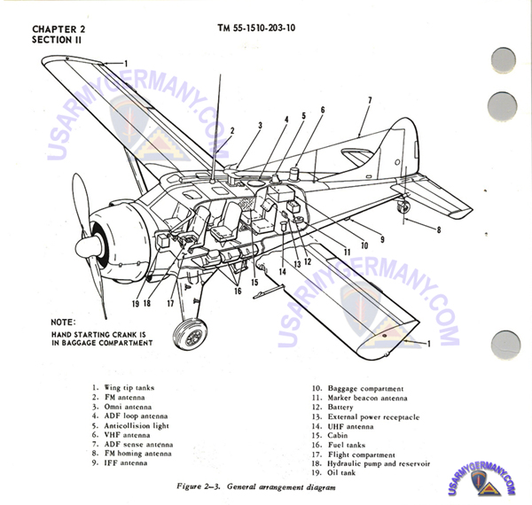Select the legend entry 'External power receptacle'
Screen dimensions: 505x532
pyautogui.click(x=373, y=416)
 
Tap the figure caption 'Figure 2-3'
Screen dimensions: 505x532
pyautogui.click(x=243, y=488)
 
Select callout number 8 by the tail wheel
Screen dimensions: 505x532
pyautogui.click(x=437, y=229)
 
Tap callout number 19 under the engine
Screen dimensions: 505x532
pyautogui.click(x=137, y=303)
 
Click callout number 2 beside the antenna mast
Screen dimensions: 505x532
pyautogui.click(x=231, y=130)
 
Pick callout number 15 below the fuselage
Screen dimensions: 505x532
pyautogui.click(x=254, y=282)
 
